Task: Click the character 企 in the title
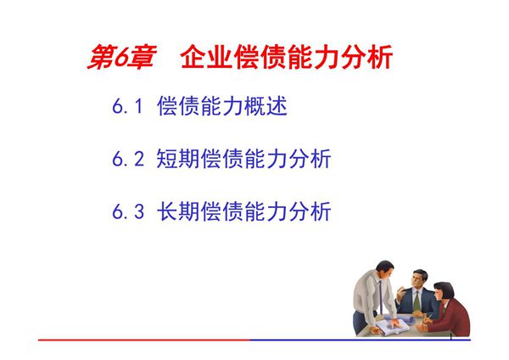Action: click(x=194, y=59)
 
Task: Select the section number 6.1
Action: click(x=130, y=108)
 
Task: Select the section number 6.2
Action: click(x=130, y=159)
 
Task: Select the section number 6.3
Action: click(x=130, y=211)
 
